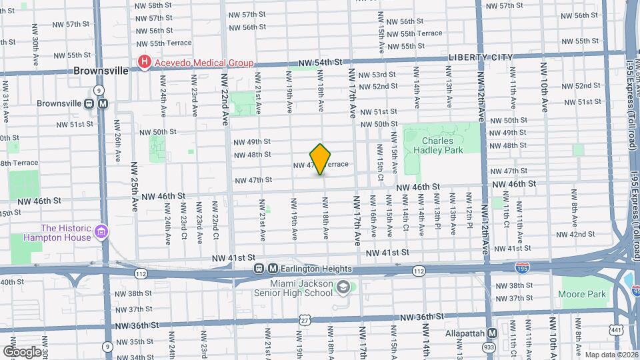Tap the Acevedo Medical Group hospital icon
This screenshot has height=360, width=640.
[x=144, y=63]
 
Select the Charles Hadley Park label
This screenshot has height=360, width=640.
[x=437, y=145]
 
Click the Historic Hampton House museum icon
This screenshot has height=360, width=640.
[x=102, y=232]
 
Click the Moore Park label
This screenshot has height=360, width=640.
[x=583, y=294]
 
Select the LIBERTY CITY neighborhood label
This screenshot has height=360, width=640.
[x=481, y=57]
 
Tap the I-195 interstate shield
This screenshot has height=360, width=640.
[x=523, y=268]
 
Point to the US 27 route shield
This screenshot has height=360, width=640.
[x=305, y=320]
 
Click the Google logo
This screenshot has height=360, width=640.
[x=22, y=351]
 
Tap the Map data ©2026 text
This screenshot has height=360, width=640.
[x=611, y=354]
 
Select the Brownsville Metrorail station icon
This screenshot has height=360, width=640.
[x=103, y=103]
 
